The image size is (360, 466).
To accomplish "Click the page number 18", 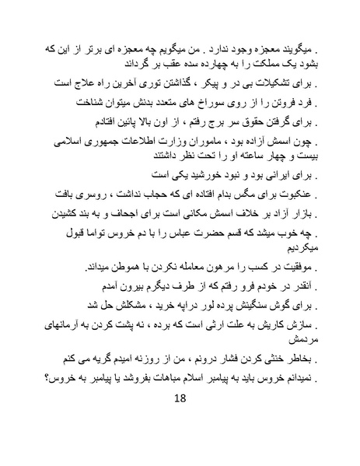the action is [180, 399].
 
